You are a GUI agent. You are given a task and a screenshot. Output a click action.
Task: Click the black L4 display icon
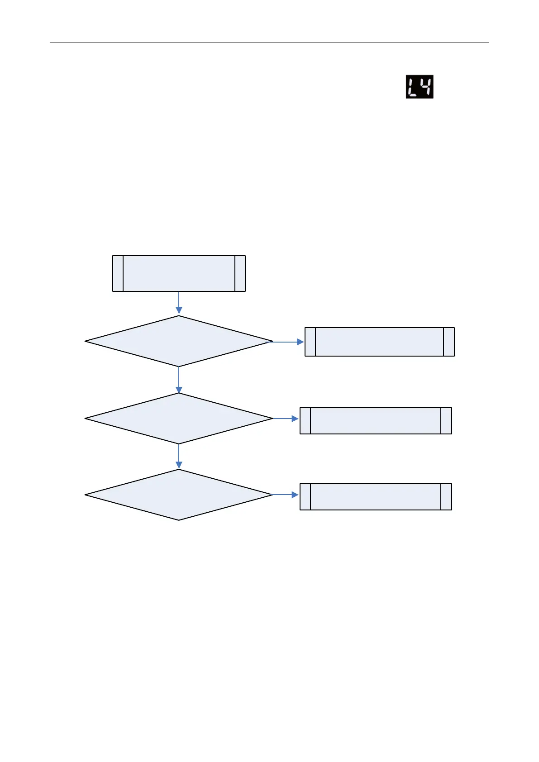(419, 86)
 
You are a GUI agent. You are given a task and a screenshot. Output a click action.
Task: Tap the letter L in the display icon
(412, 86)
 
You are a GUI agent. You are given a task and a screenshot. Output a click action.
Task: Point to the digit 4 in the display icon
(426, 86)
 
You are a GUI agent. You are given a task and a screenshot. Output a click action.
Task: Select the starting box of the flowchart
(179, 273)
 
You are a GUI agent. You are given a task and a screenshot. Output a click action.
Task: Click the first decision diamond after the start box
(179, 341)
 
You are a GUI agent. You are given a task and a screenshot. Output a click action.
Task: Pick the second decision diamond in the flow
(179, 419)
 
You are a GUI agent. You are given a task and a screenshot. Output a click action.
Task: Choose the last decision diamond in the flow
(179, 495)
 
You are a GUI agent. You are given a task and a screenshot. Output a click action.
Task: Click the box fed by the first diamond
(379, 342)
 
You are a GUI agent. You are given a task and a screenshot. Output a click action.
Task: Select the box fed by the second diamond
(376, 421)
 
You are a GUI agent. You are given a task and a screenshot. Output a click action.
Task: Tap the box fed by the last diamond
(376, 497)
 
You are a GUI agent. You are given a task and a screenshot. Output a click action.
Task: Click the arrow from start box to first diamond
(179, 303)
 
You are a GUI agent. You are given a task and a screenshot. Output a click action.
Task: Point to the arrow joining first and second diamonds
(179, 380)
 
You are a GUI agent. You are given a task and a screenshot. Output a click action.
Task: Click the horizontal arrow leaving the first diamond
(288, 342)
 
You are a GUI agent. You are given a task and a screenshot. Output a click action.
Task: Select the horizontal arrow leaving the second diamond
(286, 419)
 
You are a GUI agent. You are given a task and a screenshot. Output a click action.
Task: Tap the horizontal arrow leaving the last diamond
(286, 495)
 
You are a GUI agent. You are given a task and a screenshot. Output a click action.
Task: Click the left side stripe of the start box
(118, 273)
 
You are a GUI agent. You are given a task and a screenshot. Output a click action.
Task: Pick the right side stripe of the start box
(240, 273)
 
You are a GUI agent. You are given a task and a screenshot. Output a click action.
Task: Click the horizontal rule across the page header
(269, 43)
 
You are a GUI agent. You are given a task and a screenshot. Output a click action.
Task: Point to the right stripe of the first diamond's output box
(449, 342)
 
